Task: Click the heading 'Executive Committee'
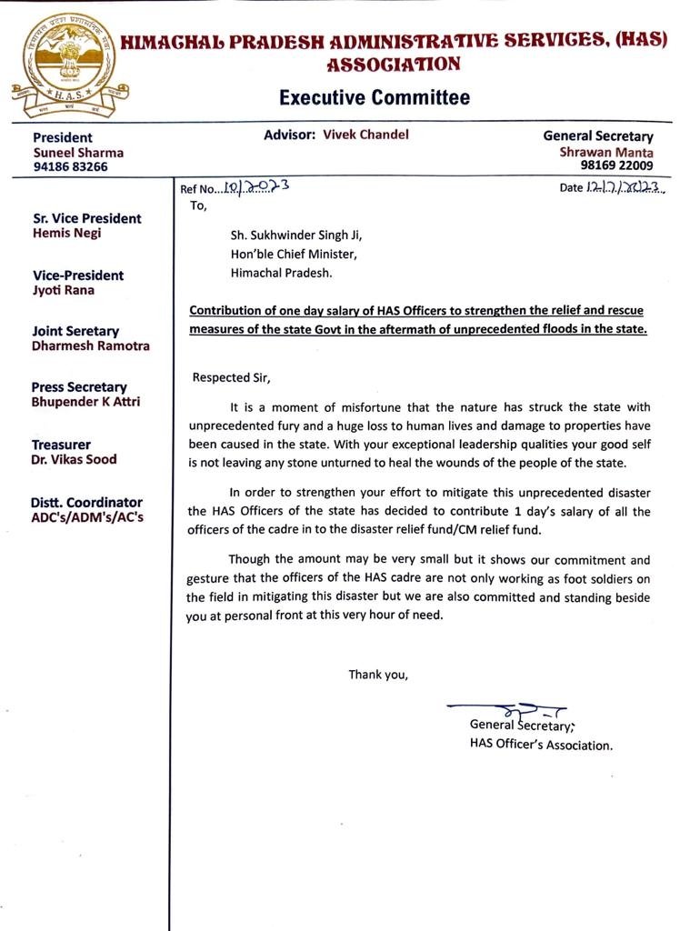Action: tap(374, 97)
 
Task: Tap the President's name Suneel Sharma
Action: tap(78, 153)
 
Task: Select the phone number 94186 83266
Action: tap(70, 167)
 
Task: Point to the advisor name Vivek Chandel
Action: tap(365, 135)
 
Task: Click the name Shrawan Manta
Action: tap(606, 152)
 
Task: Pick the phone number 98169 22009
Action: tap(616, 166)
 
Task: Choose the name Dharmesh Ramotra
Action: tap(91, 346)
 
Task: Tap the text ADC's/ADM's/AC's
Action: tap(87, 517)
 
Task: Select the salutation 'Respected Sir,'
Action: tap(231, 377)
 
